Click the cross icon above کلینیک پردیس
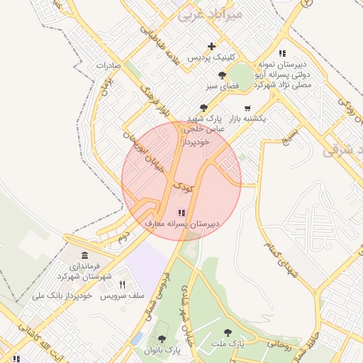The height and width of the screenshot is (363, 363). pos(211,46)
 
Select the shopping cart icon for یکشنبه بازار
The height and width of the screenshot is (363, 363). pos(247,108)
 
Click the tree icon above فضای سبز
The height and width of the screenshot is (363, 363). pos(223,74)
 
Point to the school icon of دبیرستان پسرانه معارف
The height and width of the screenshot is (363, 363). pos(181,212)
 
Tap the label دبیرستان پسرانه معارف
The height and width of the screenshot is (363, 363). pos(182,223)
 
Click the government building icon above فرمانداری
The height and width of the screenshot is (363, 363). pos(85,255)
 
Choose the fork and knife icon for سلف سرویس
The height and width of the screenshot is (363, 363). pos(122,284)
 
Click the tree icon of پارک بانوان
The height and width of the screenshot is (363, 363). pos(162,340)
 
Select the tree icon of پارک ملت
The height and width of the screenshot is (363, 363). pos(227,333)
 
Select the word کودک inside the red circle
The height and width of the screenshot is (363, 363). pos(182,188)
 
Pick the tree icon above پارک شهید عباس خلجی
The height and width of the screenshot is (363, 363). pos(204,108)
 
